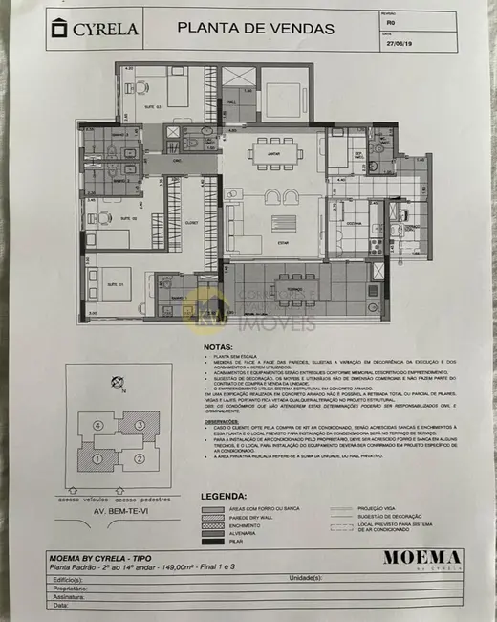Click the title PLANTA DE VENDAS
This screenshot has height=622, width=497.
pyautogui.click(x=255, y=28)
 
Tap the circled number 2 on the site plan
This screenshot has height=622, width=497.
pyautogui.click(x=140, y=458)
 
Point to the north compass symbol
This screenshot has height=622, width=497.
pyautogui.click(x=116, y=381)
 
